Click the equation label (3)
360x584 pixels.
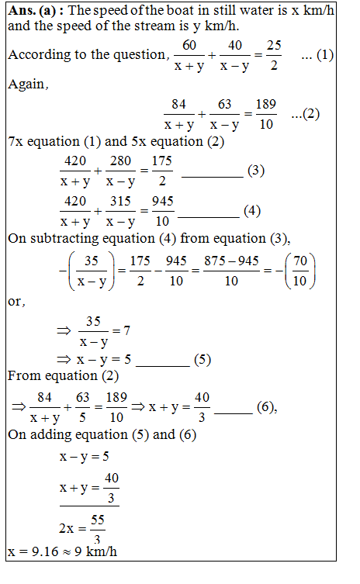255,171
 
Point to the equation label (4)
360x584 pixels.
253,210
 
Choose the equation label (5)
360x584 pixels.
201,360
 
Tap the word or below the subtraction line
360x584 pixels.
16,302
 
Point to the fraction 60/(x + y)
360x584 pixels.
188,56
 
